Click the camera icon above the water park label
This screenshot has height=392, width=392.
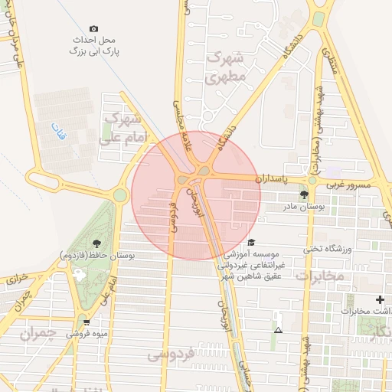tap(93, 29)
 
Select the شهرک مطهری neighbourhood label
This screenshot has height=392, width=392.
tap(225, 67)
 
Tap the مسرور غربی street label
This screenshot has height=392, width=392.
tap(350, 185)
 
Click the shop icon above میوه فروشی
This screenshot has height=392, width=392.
tap(87, 322)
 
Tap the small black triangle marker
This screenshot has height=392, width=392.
tap(278, 330)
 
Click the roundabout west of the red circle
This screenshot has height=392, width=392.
tap(120, 195)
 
